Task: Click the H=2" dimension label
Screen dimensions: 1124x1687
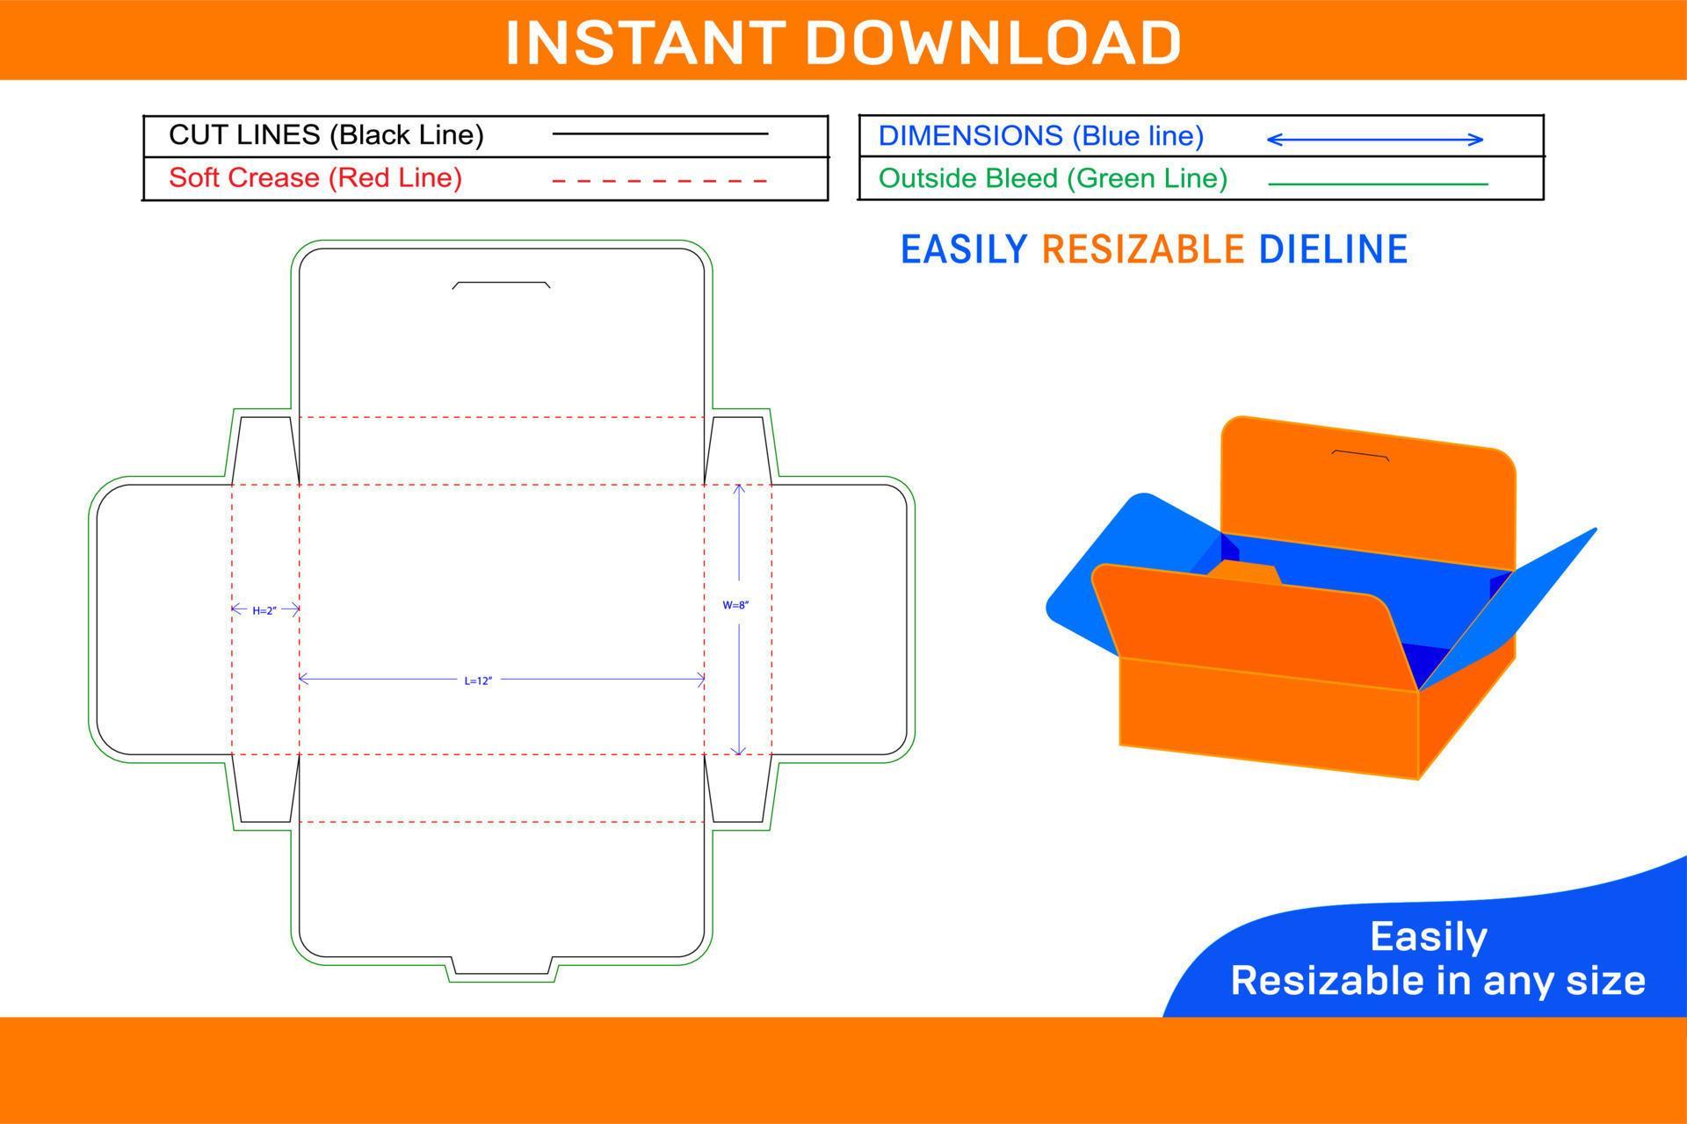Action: click(264, 610)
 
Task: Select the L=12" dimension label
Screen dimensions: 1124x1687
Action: click(478, 681)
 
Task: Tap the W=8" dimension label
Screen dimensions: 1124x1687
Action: click(735, 605)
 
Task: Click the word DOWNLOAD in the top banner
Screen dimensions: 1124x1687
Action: click(993, 42)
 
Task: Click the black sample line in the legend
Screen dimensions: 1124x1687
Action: click(660, 134)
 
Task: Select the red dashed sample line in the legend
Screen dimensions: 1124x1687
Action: click(660, 181)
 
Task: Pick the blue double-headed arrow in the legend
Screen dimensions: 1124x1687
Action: click(1375, 139)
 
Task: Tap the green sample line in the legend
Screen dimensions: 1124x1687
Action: click(1378, 184)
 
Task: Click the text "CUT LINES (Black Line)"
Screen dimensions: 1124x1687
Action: click(326, 135)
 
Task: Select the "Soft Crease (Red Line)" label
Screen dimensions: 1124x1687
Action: click(315, 177)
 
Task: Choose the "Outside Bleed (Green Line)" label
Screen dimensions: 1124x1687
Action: click(1053, 178)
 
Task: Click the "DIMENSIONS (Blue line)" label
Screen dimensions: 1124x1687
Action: click(1041, 136)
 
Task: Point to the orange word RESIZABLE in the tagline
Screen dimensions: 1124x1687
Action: click(1142, 249)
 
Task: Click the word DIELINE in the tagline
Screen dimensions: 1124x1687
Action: click(1333, 249)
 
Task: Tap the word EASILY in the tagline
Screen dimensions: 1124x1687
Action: click(964, 249)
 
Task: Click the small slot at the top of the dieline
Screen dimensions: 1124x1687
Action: click(501, 285)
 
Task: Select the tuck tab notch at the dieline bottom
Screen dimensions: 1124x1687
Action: click(502, 969)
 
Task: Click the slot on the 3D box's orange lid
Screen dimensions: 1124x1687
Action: click(1360, 455)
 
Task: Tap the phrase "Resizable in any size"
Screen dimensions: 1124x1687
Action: click(1437, 981)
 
